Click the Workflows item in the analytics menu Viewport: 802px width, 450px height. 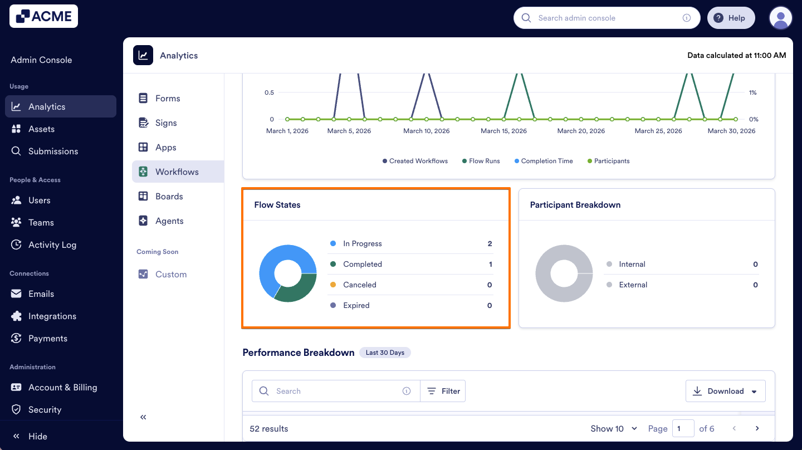click(177, 172)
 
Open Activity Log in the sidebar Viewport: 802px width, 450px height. click(52, 244)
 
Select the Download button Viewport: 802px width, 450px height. click(725, 391)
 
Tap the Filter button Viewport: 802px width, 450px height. click(443, 391)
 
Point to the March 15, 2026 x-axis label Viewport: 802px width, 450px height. click(503, 131)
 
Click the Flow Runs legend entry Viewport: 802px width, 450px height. click(484, 161)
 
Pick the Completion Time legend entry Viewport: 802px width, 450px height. click(546, 161)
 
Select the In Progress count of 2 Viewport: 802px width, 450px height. click(490, 243)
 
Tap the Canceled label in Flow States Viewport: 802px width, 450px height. click(359, 285)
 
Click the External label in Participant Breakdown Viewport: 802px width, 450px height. click(633, 285)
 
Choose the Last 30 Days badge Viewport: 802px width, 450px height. click(385, 353)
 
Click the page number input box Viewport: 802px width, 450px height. click(683, 428)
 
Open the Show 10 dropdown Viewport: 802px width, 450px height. click(613, 428)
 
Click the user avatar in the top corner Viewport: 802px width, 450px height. click(780, 18)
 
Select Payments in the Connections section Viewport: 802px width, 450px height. click(47, 338)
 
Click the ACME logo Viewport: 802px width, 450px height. click(43, 17)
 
